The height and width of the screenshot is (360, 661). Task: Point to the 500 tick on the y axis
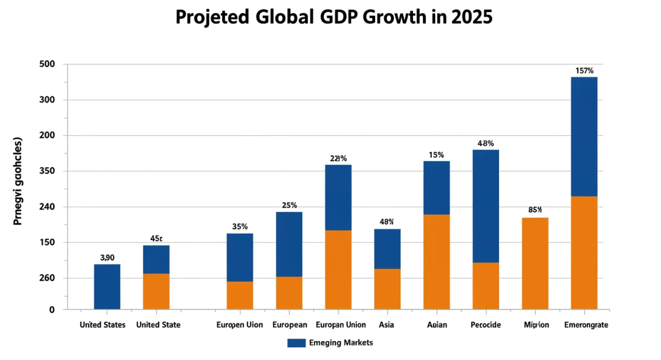[x=48, y=64]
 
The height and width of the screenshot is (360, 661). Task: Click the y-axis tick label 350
[x=48, y=171]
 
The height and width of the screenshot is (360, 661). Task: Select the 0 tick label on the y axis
[x=52, y=310]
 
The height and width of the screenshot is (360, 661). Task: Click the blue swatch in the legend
[x=296, y=343]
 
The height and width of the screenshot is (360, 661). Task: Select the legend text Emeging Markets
[x=342, y=343]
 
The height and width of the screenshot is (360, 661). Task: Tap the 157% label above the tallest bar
[x=584, y=70]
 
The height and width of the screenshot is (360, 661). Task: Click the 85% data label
[x=535, y=210]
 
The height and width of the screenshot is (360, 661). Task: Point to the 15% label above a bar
[x=436, y=155]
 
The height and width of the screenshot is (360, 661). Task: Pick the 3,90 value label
[x=107, y=257]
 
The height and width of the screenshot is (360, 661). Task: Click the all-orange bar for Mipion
[x=535, y=263]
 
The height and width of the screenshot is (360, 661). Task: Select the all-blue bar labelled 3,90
[x=107, y=287]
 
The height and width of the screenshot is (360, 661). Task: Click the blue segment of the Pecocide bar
[x=485, y=206]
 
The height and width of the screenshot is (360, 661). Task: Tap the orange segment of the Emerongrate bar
[x=584, y=253]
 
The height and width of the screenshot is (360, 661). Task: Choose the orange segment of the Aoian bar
[x=436, y=261]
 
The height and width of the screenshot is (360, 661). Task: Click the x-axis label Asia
[x=387, y=325]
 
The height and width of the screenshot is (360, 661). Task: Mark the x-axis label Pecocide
[x=485, y=325]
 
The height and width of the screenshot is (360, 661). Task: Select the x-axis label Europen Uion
[x=240, y=325]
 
